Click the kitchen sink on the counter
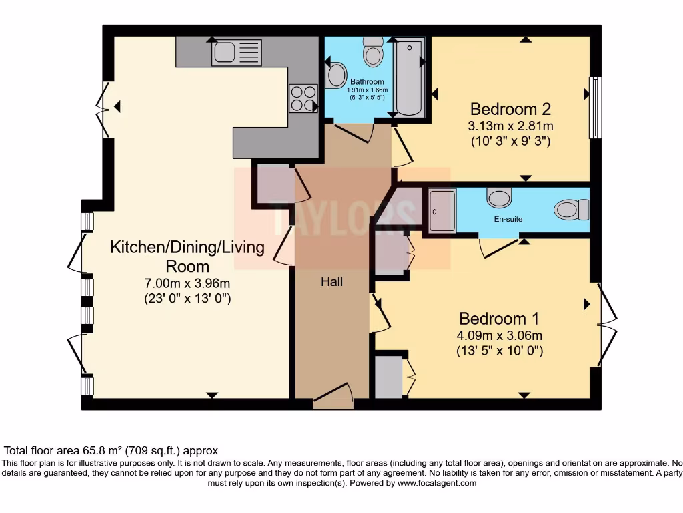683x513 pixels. coord(237,53)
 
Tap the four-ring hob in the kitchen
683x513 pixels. coord(303,98)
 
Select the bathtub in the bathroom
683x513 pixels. coord(408,77)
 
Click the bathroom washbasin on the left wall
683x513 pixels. coord(337,75)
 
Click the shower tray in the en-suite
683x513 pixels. coord(442,210)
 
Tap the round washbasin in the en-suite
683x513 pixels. coord(499,198)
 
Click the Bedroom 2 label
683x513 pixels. coord(510,108)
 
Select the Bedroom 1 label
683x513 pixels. coord(499,318)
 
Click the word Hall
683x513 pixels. coord(331,282)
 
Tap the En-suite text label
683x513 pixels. coord(508,219)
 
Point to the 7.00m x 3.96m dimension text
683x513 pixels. coord(187,283)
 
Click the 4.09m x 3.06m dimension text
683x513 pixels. coord(499,335)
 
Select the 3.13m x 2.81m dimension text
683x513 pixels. coord(510,126)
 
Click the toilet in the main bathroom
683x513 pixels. coord(372,52)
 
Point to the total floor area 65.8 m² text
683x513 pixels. coord(111,451)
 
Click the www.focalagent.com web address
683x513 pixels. coord(437,483)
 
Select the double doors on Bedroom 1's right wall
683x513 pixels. coord(607,325)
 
